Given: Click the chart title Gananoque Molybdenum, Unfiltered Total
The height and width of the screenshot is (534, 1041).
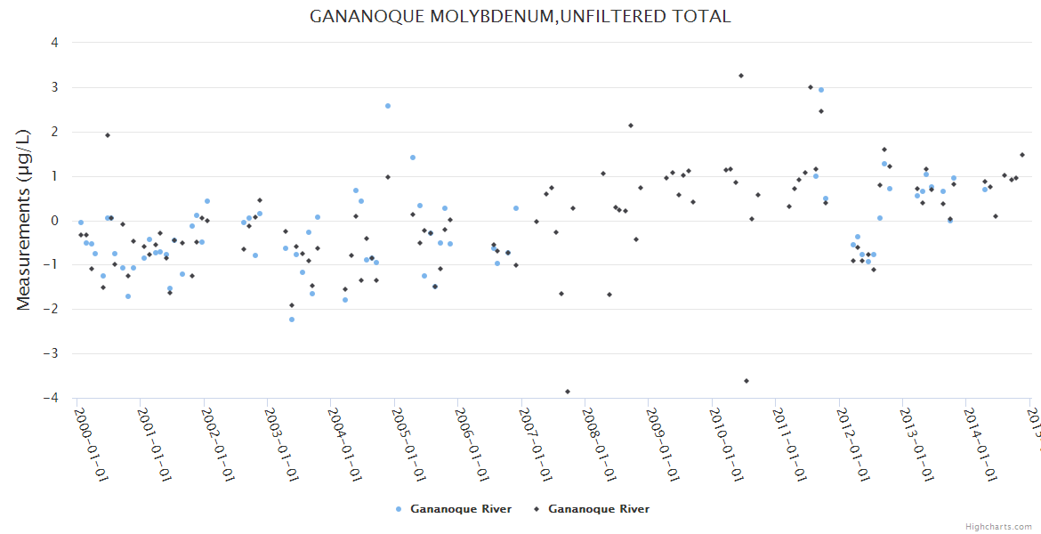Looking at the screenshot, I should click(520, 16).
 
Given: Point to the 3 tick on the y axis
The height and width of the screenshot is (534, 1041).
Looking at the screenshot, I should click(54, 87).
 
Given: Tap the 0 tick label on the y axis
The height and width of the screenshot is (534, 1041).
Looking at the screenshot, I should click(54, 221).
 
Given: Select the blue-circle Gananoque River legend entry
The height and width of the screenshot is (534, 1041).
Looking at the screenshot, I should click(454, 509).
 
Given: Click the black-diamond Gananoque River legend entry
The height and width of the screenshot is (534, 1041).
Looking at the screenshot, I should click(591, 509).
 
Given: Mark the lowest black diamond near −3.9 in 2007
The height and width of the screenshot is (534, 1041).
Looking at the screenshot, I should click(568, 392).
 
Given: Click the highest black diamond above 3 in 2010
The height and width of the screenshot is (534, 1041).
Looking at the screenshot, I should click(741, 76).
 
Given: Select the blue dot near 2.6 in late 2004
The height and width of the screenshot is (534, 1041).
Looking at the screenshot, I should click(388, 106).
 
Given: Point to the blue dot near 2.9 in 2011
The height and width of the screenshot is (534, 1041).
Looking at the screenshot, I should click(821, 90).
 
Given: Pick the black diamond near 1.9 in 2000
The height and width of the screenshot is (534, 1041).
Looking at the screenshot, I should click(108, 135).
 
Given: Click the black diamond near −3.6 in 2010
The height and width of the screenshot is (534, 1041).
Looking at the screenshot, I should click(746, 381).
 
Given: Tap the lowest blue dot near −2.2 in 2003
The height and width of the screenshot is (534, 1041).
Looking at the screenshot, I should click(292, 320).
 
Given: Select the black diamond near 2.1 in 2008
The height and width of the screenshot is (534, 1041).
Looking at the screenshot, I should click(631, 125).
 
